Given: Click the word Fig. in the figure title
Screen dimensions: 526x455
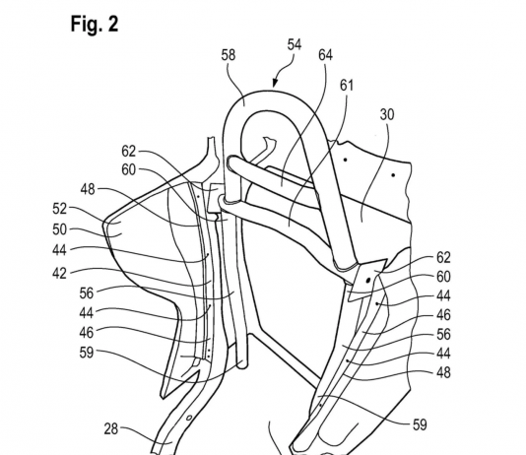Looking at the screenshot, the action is (x=87, y=25).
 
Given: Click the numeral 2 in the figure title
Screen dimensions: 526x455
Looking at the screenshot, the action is (x=113, y=25).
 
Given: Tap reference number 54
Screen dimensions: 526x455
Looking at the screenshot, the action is (x=295, y=44).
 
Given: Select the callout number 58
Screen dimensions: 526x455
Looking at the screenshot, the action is (x=229, y=55).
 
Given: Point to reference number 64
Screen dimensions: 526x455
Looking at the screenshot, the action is (x=325, y=55).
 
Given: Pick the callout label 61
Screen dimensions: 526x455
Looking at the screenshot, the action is (x=347, y=86).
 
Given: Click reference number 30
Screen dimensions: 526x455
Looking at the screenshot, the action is (x=387, y=114).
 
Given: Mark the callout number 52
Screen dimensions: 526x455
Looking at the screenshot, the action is (x=60, y=209).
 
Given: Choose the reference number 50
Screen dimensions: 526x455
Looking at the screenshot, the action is (x=60, y=229).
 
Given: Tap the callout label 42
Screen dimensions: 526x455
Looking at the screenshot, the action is (x=59, y=274).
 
